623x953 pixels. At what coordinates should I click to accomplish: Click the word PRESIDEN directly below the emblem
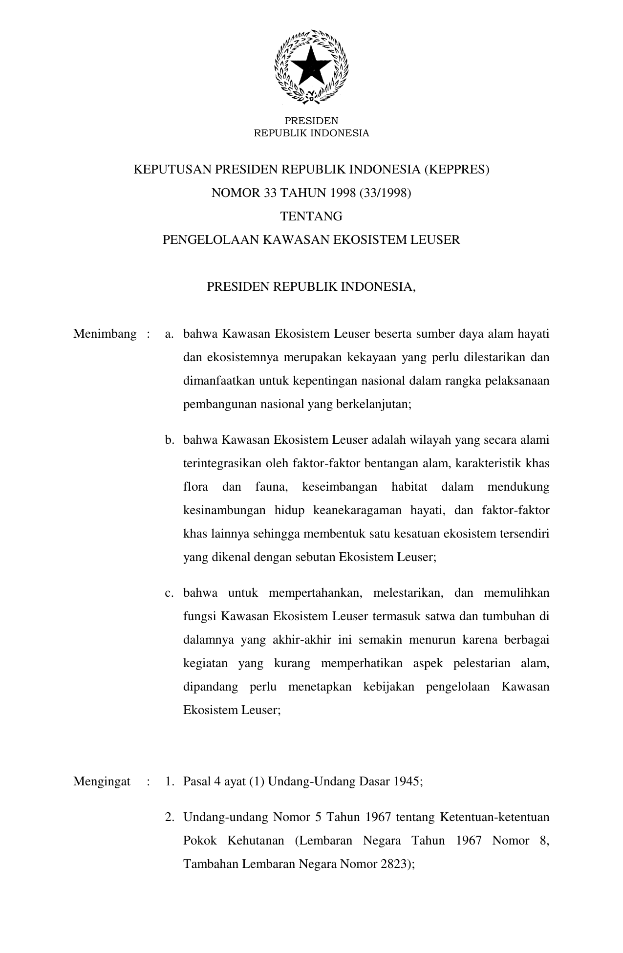coord(311,121)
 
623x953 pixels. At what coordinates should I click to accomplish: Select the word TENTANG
coord(311,216)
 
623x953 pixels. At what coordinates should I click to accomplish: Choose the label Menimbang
coord(105,334)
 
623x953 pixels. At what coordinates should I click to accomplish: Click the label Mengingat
coord(102,781)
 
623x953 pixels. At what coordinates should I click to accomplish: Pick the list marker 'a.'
coord(170,334)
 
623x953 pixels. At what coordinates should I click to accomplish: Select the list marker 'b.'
coord(170,440)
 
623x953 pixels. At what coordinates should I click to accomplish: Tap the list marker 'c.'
coord(170,593)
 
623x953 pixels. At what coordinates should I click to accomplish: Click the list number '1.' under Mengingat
coord(170,781)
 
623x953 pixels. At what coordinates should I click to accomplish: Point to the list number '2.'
coord(170,817)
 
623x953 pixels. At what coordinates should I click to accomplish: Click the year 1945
coord(407,781)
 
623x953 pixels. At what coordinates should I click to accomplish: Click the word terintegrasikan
coord(224,463)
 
